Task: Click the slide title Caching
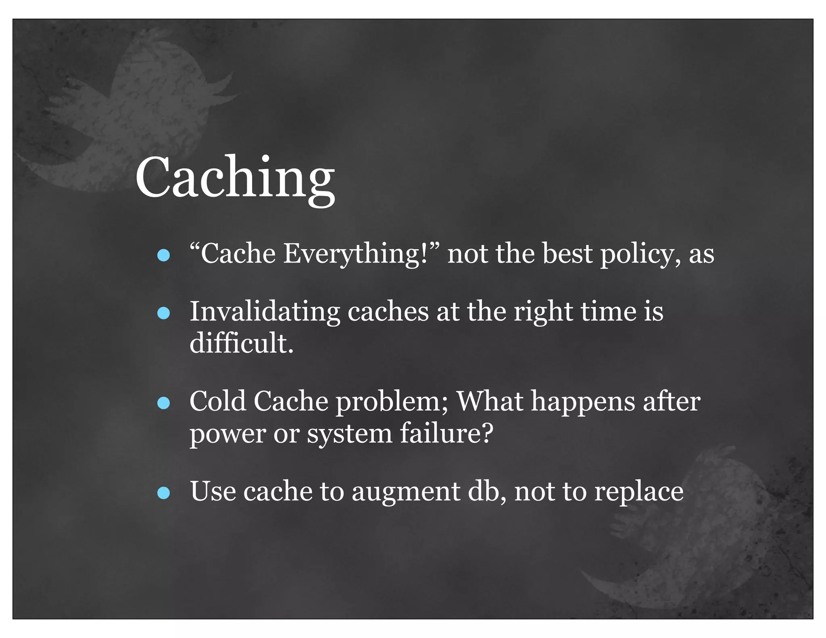(x=235, y=178)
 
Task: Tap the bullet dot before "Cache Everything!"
(x=163, y=255)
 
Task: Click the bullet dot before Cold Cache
(x=163, y=403)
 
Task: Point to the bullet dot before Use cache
(x=163, y=493)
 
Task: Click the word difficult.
(x=241, y=343)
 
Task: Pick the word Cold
(x=218, y=401)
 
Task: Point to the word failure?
(x=447, y=434)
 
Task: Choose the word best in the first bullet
(x=567, y=254)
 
